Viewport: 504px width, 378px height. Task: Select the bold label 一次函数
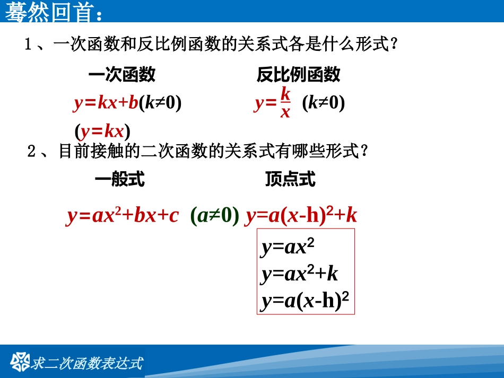121,75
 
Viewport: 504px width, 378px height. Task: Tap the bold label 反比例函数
298,75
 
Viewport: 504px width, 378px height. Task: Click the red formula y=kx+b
106,103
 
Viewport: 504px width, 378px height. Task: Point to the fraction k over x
285,103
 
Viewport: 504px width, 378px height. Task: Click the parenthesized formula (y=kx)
102,130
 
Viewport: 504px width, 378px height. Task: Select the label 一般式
119,180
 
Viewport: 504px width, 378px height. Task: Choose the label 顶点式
290,180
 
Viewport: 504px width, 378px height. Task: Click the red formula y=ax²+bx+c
123,216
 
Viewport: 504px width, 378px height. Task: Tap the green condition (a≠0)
214,216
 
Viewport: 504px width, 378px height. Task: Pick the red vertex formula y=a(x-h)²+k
301,216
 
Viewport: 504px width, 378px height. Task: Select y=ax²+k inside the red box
300,274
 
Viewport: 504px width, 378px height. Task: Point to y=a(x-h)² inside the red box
305,301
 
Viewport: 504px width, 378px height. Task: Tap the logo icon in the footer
21,362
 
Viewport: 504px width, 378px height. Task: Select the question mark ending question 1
393,45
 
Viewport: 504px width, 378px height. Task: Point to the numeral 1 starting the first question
29,45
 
